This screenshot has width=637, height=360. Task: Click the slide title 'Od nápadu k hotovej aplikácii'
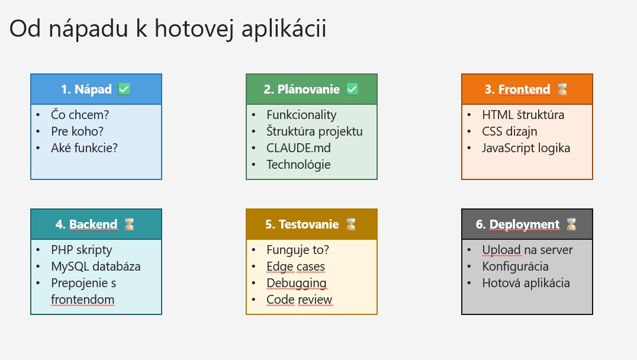168,29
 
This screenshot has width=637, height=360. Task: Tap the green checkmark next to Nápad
124,89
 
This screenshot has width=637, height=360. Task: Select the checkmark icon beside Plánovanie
352,89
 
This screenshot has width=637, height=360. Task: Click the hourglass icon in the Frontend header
562,89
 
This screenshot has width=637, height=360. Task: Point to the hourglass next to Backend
129,224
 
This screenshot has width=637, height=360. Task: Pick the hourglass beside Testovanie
350,224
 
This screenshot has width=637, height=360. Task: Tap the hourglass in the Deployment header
572,224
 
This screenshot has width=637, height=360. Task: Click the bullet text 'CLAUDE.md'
298,148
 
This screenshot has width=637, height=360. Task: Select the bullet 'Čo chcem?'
80,115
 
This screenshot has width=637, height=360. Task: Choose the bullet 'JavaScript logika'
526,148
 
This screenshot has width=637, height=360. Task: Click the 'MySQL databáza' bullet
96,266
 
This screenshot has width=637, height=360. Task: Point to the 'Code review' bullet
300,300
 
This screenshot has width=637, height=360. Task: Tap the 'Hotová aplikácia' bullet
526,283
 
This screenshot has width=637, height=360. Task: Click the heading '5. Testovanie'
302,224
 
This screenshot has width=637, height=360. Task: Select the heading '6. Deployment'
517,224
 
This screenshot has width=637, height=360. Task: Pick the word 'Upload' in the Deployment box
501,250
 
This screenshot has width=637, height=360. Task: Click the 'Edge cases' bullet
296,266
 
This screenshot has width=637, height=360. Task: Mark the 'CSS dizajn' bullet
510,131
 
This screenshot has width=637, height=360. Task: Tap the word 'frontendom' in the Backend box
83,300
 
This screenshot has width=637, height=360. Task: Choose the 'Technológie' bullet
298,165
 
